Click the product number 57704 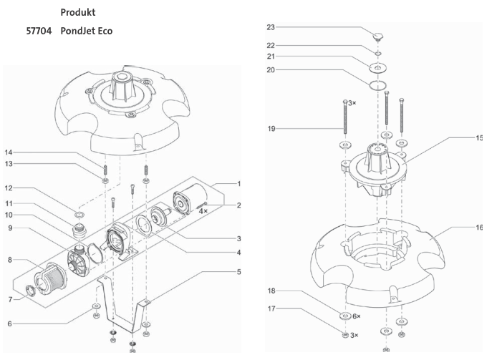point(39,31)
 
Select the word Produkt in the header point(78,13)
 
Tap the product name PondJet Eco point(87,31)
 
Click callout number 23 point(271,28)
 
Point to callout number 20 point(271,70)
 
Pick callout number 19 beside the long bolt point(271,129)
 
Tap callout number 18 point(271,291)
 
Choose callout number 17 point(271,309)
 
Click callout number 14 point(9,152)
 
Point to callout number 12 point(9,189)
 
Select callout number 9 point(9,228)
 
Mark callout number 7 point(9,299)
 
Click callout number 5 point(239,272)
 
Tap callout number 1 point(239,184)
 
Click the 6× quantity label point(357,316)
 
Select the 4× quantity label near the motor point(203,211)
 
